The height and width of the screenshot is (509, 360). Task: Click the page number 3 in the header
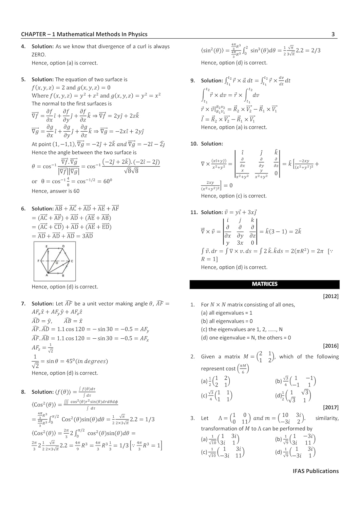click(333, 34)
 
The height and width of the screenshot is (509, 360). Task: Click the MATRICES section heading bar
click(264, 284)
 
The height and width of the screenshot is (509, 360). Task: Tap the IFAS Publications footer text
click(316, 471)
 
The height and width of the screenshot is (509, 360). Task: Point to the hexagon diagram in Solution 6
click(55, 261)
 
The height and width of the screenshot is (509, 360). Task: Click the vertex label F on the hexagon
click(38, 261)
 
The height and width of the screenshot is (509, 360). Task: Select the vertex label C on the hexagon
click(72, 261)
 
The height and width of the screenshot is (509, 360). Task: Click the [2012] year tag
click(331, 296)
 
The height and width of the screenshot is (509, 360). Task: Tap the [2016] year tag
click(331, 346)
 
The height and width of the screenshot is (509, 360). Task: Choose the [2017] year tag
click(331, 407)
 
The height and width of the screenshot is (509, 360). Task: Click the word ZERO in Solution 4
click(39, 55)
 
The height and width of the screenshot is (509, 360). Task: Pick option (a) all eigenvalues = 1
click(227, 313)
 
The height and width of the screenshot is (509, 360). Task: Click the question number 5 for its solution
click(23, 79)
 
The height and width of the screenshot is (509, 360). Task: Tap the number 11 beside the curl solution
click(194, 212)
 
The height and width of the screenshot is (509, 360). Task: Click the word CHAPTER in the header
click(33, 34)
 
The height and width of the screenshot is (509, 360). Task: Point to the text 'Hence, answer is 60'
click(56, 191)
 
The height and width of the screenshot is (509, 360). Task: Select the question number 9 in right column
click(193, 80)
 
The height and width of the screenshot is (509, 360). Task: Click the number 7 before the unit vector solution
click(23, 304)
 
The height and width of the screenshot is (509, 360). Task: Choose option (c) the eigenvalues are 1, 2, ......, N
click(242, 329)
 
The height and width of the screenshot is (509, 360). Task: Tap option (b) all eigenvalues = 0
click(227, 321)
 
